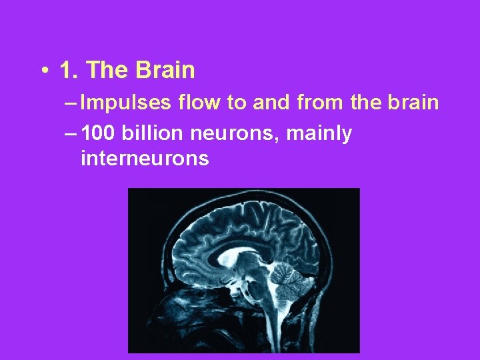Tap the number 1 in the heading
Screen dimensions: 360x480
point(65,70)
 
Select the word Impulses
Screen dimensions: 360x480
point(126,103)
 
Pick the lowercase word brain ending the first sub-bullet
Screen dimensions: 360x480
point(415,103)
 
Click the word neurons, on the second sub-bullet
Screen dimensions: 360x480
point(235,135)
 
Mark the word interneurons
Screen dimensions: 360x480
point(145,159)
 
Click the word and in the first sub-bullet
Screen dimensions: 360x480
point(269,103)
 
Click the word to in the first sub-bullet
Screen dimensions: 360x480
point(236,103)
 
